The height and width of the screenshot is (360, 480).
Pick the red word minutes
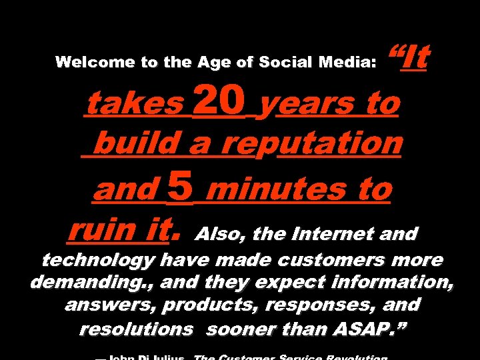click(279, 190)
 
